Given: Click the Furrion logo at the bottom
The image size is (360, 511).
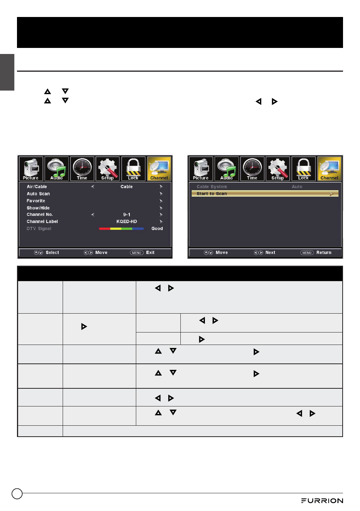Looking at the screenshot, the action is [x=322, y=500].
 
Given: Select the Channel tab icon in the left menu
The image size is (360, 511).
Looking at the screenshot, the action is [x=159, y=169].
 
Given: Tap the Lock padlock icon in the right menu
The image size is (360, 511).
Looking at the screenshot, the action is [x=303, y=169].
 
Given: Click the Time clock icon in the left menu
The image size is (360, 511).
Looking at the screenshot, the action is [x=82, y=169].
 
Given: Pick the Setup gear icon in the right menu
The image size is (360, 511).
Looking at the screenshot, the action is [x=278, y=169].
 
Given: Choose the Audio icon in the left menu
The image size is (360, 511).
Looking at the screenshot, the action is [x=56, y=169].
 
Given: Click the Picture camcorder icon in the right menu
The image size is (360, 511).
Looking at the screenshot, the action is [x=201, y=169].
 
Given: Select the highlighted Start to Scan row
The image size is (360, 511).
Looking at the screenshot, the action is [x=265, y=194].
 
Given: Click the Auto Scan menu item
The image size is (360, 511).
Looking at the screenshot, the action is [x=38, y=194].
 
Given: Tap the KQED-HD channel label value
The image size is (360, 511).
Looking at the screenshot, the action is [x=127, y=222].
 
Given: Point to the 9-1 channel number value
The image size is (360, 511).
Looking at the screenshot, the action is [x=127, y=215].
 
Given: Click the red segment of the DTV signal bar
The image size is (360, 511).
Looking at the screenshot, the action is [x=105, y=229].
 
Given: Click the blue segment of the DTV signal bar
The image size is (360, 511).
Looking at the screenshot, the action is [x=138, y=229].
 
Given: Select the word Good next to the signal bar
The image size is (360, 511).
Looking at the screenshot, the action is [x=157, y=229].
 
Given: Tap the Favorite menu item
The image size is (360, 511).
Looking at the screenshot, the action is [x=36, y=201].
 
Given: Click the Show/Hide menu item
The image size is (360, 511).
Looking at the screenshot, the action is [x=38, y=208].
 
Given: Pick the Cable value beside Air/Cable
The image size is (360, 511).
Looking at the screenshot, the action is [x=127, y=186].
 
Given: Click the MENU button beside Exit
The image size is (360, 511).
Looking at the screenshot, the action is [x=137, y=252].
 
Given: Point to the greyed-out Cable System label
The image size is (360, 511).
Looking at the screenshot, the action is [x=212, y=186].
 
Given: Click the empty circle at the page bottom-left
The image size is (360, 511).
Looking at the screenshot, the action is [x=17, y=494].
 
